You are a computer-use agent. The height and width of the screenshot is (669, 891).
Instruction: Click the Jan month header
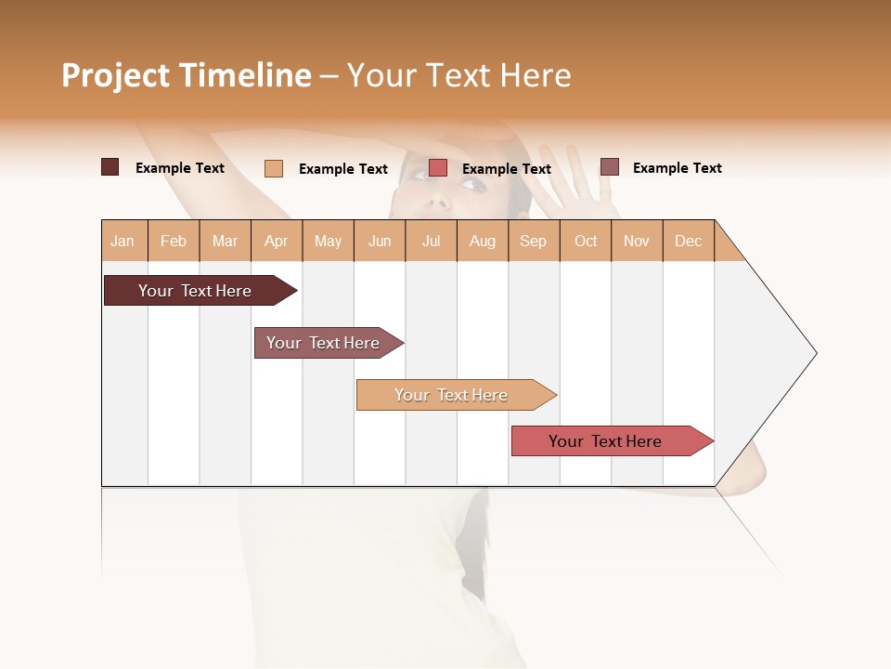pyautogui.click(x=123, y=241)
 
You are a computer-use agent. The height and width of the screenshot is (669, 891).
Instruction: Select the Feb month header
pyautogui.click(x=174, y=241)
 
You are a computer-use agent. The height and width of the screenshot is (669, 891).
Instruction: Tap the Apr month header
pyautogui.click(x=276, y=241)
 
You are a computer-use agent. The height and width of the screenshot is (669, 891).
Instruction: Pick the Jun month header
pyautogui.click(x=380, y=241)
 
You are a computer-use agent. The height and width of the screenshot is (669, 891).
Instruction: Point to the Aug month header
pyautogui.click(x=482, y=241)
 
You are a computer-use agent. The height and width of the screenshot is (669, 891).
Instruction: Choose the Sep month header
pyautogui.click(x=533, y=241)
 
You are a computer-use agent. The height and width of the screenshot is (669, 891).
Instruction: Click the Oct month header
pyautogui.click(x=586, y=241)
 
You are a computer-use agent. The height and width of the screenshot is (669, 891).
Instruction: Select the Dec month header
pyautogui.click(x=688, y=241)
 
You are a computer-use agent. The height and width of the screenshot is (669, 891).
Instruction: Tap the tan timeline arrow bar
pyautogui.click(x=453, y=395)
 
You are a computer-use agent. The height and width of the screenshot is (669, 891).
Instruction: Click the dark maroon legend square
pyautogui.click(x=110, y=167)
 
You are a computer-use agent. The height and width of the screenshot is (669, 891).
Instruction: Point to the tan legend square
pyautogui.click(x=274, y=168)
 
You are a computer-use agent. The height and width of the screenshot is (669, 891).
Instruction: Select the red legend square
pyautogui.click(x=438, y=168)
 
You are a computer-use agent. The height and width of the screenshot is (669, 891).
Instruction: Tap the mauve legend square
pyautogui.click(x=609, y=167)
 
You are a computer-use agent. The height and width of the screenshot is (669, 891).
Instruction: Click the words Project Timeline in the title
pyautogui.click(x=187, y=75)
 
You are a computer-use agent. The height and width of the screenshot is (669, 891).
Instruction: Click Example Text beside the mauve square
pyautogui.click(x=677, y=168)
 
